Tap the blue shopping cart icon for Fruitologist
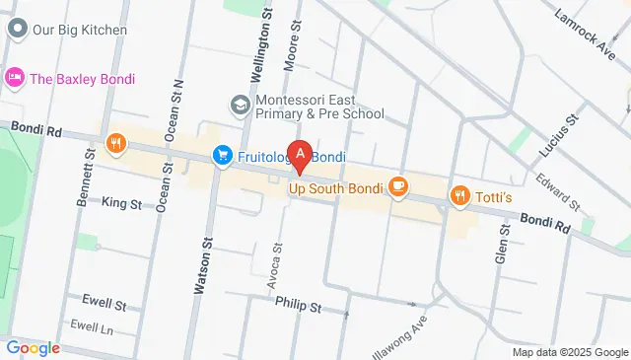point(223,156)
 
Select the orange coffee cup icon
point(398,185)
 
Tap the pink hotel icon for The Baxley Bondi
point(15,78)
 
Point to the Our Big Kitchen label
point(79,30)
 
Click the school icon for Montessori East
point(240,104)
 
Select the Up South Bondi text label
point(335,186)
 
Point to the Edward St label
point(558,190)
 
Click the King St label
point(121,203)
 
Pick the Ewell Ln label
point(92,325)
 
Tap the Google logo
point(33,347)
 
